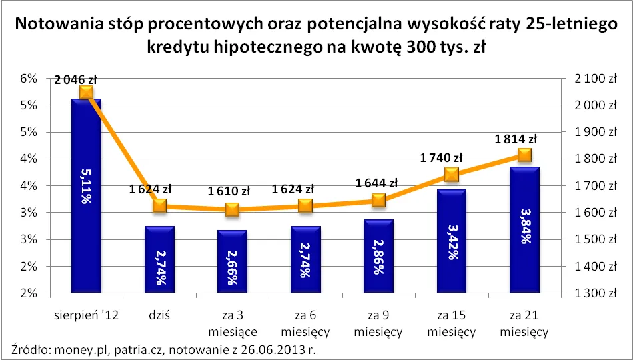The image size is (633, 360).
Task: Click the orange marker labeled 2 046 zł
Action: tap(86, 92)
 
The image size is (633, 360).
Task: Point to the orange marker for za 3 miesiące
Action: tap(232, 209)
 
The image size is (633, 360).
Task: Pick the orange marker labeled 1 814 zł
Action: tap(524, 155)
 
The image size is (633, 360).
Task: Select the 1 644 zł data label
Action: tap(377, 183)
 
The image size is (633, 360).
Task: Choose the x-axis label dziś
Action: tap(159, 316)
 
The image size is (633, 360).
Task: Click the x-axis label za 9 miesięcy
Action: tap(378, 323)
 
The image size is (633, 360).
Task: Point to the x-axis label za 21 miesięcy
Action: tap(524, 323)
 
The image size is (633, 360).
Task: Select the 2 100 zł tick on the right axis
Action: tap(590, 79)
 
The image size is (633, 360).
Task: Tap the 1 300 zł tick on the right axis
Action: tap(590, 293)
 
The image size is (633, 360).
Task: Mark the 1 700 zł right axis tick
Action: tap(590, 186)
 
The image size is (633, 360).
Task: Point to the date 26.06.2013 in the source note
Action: tap(262, 349)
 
